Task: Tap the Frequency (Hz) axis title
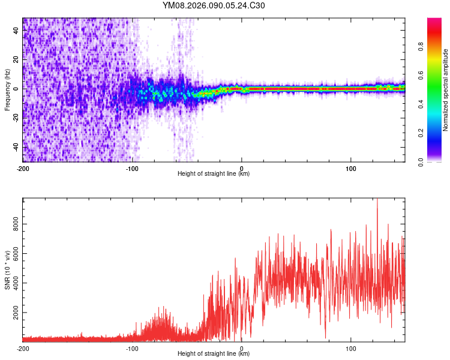(x=7, y=90)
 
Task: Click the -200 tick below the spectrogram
(x=23, y=167)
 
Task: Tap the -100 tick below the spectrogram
(x=132, y=167)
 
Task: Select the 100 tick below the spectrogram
(x=350, y=167)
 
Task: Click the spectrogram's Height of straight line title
(x=214, y=174)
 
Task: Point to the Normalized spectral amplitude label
(x=445, y=90)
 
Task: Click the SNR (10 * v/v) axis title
(x=7, y=270)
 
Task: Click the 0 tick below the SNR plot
(x=241, y=348)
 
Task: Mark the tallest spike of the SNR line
(x=377, y=200)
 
